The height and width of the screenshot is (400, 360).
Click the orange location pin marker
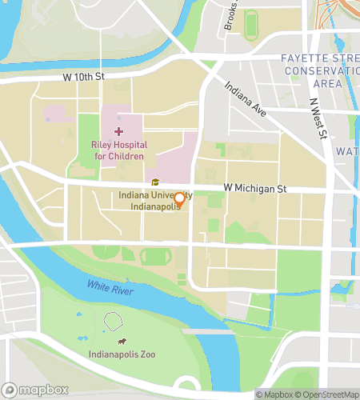point(180,200)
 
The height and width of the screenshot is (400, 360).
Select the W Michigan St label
point(254,187)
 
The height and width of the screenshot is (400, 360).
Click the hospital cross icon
point(119,130)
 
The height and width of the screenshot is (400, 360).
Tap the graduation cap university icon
point(154,182)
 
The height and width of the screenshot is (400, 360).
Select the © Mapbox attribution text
point(274,394)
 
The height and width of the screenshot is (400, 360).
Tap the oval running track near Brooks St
point(252,26)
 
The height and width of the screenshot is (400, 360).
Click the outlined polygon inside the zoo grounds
point(114,321)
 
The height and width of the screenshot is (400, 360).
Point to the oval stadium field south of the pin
point(155,257)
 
